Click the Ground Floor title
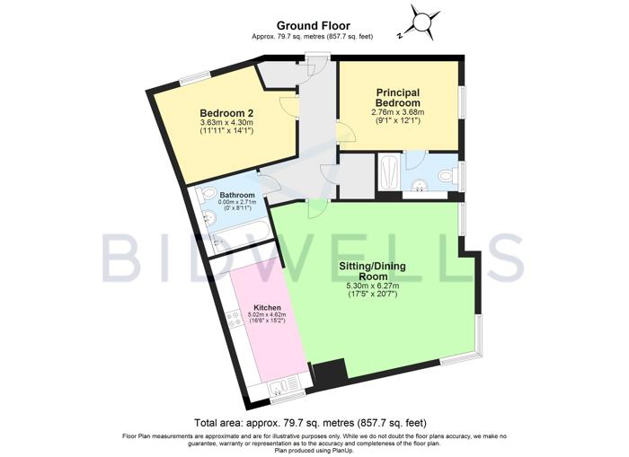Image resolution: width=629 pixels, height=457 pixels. coord(314,25)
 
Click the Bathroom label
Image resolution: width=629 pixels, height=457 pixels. coord(237,196)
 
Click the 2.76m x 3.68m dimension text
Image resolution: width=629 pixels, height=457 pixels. coord(402,113)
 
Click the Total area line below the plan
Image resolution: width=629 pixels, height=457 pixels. coord(310,422)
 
